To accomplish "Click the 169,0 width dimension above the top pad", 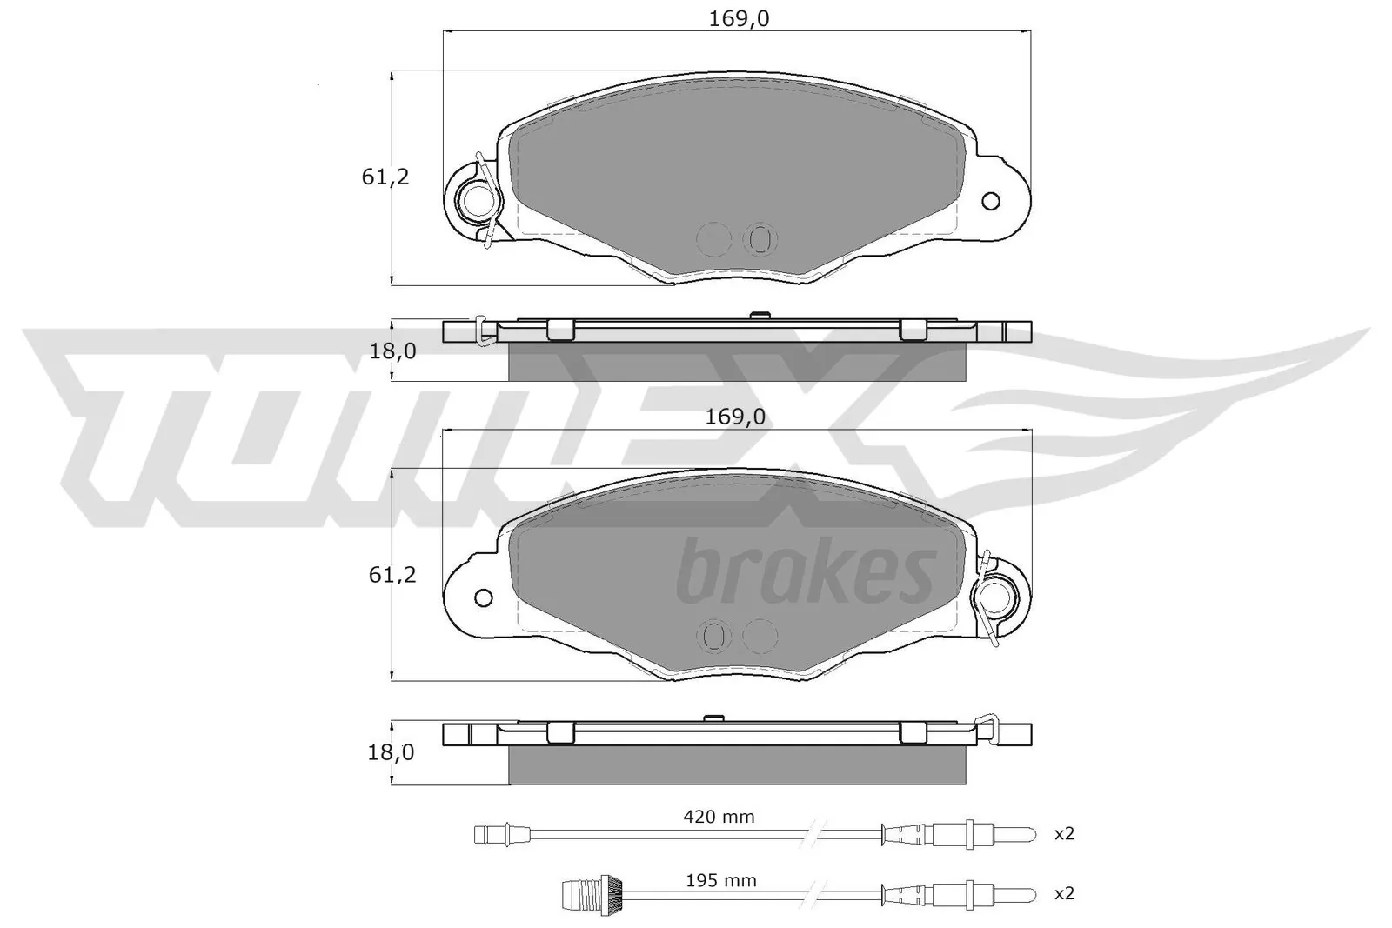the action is (x=739, y=19).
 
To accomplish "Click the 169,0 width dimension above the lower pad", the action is (x=735, y=417).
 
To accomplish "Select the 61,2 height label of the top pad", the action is (x=385, y=177).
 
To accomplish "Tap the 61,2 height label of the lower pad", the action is (x=392, y=575).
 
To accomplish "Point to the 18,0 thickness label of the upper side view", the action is (x=392, y=351).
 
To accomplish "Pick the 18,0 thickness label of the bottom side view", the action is (x=391, y=752).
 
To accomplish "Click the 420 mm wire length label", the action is (x=719, y=817).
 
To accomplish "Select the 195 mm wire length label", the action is (x=721, y=880).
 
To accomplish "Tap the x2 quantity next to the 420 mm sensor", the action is (x=1065, y=834).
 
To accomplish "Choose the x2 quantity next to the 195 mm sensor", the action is (x=1065, y=894).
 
